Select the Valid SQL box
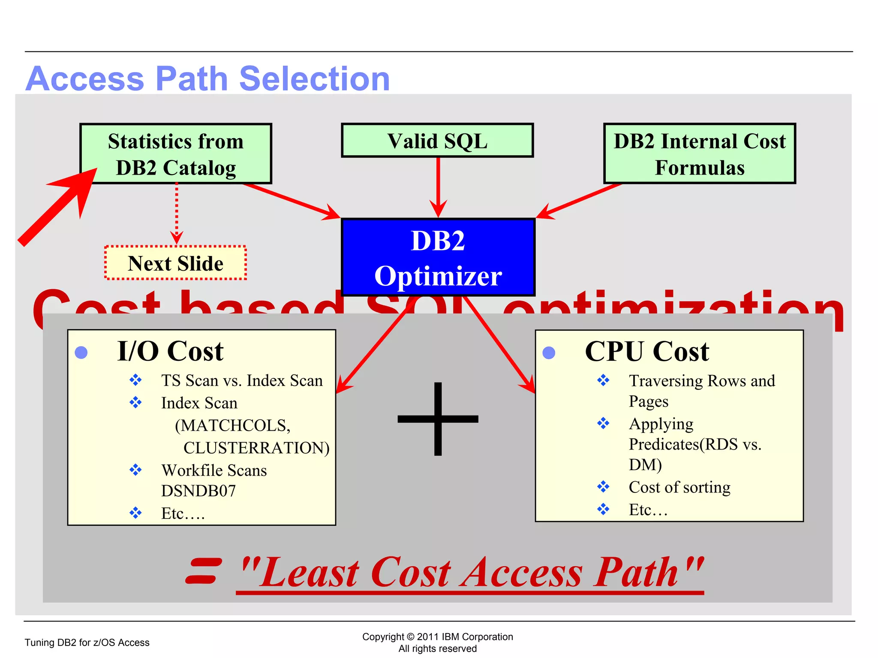(x=437, y=141)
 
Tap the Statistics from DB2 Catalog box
(x=176, y=154)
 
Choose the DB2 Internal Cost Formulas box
(x=700, y=154)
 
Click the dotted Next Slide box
(x=175, y=263)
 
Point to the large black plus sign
(x=438, y=419)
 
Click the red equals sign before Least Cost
(x=204, y=570)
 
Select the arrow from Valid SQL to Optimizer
(x=438, y=187)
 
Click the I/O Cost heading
(x=170, y=351)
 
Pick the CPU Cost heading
(x=646, y=351)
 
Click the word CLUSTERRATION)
(x=256, y=447)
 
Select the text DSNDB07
(x=198, y=491)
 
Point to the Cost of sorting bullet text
(x=680, y=487)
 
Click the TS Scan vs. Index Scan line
(x=242, y=380)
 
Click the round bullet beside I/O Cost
(x=81, y=353)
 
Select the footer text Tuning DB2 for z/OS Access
(x=87, y=642)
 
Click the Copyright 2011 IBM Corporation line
(x=437, y=637)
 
